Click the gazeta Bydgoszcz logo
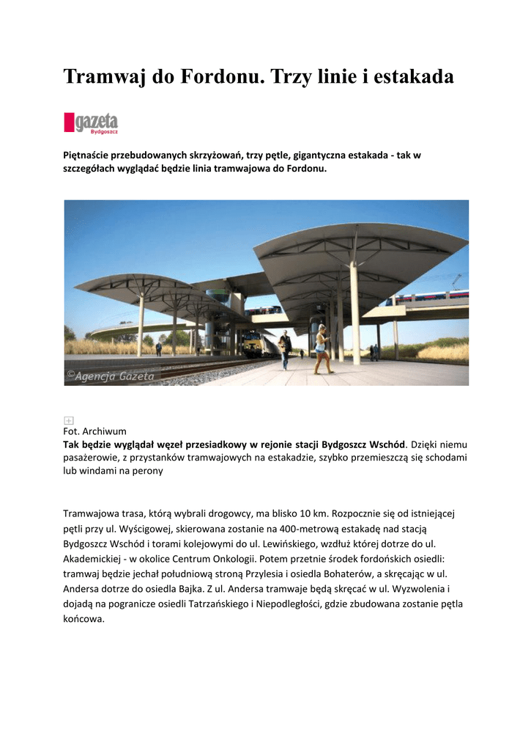91,122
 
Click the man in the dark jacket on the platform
285,349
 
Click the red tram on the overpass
426,297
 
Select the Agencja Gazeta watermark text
110,376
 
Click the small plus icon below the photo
68,420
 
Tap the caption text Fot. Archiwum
95,431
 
